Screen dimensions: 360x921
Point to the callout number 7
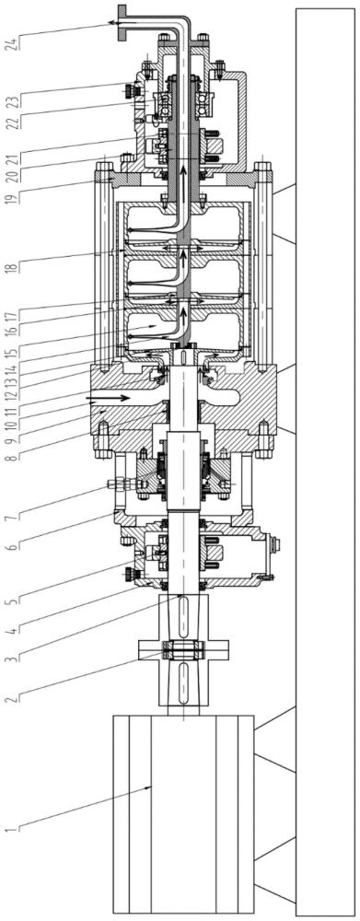[x=11, y=517]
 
